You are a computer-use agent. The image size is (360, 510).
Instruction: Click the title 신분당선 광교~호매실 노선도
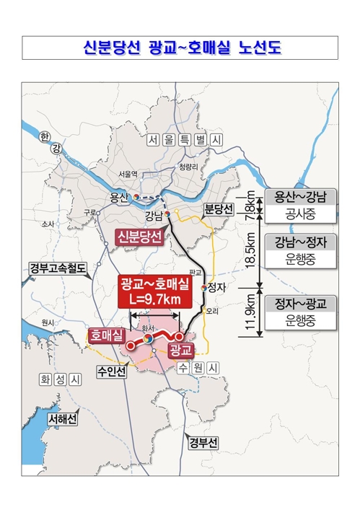[x=180, y=48]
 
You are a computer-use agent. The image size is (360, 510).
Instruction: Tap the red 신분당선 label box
[x=140, y=236]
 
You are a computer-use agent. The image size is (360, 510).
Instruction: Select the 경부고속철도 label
[x=58, y=269]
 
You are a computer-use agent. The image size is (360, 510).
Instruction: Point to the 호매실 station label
[x=106, y=335]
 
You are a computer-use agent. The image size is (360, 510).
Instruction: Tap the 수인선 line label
[x=111, y=371]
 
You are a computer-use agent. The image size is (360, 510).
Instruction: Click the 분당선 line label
[x=219, y=209]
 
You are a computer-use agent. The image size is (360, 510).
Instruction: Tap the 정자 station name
[x=214, y=287]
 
